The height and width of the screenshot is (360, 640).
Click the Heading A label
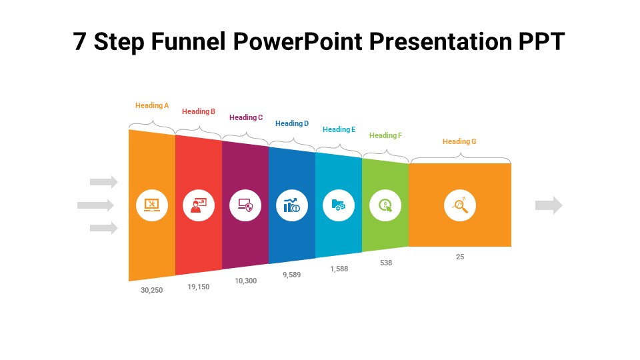[152, 105]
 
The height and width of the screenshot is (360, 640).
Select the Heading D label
[292, 123]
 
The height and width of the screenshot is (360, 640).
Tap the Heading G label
[459, 141]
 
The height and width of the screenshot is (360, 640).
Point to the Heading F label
[385, 135]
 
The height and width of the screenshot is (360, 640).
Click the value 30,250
[151, 290]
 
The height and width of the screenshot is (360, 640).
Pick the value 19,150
[199, 287]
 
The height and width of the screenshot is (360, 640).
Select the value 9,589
[291, 275]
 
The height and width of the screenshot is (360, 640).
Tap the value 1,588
[339, 269]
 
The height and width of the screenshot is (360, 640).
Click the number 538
[386, 263]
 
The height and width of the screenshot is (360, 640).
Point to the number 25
[460, 257]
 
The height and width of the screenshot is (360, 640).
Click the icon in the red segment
[199, 205]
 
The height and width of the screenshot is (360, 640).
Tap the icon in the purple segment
[245, 205]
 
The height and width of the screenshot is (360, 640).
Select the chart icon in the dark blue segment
[292, 205]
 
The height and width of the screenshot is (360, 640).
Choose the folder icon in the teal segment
[339, 205]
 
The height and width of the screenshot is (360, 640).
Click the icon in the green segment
[385, 205]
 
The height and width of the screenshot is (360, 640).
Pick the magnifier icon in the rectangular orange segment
[460, 205]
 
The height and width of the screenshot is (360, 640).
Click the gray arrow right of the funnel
[549, 205]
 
